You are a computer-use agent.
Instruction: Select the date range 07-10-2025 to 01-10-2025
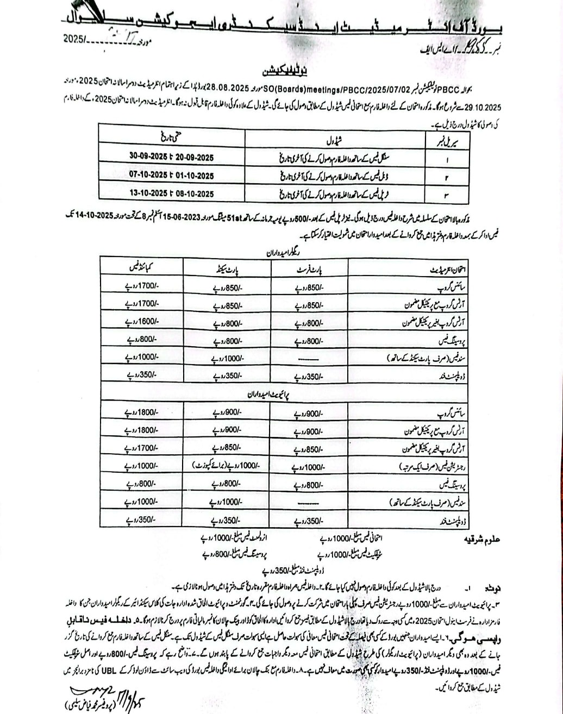click(x=171, y=175)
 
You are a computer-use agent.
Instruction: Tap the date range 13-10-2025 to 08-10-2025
click(x=171, y=193)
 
